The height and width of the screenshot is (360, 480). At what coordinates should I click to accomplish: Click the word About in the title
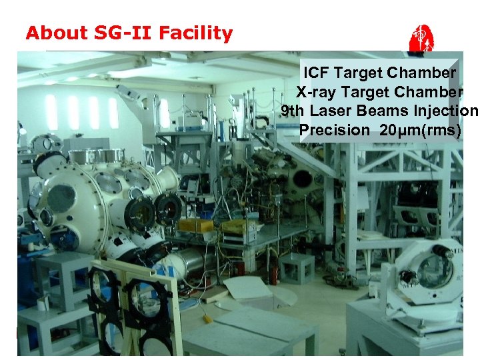tap(55, 33)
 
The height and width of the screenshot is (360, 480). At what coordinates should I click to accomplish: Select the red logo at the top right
tap(422, 38)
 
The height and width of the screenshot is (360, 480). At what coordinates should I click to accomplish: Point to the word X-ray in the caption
tap(316, 92)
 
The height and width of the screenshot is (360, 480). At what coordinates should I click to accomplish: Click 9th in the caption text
tap(293, 111)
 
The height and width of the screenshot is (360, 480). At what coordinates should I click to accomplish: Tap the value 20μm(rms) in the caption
tap(420, 130)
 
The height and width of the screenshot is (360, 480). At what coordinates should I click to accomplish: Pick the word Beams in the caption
tap(393, 111)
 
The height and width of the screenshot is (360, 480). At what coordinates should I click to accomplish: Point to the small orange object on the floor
tap(207, 319)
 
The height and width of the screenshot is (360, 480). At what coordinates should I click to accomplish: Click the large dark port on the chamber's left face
tap(61, 199)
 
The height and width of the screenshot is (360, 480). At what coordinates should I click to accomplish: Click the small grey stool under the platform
tap(296, 267)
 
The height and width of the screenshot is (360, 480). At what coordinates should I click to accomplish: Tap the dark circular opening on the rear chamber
tap(303, 179)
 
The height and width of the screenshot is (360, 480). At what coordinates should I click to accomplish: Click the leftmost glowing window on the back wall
tap(51, 112)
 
